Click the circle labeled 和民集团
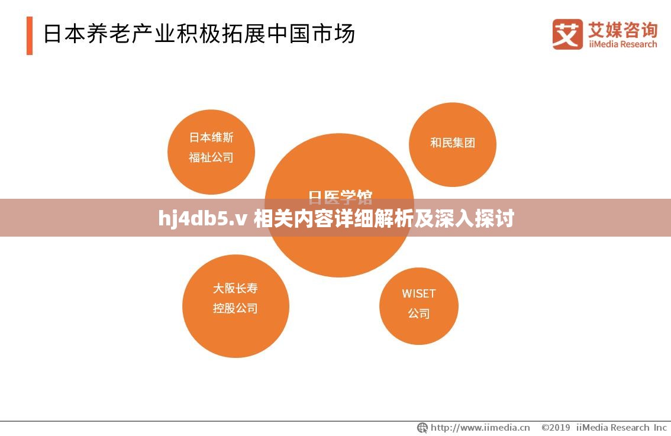453,144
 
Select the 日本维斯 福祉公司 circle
211,151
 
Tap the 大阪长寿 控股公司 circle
236,306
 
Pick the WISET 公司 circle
419,306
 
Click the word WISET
419,293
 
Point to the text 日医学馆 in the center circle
340,196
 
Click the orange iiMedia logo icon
567,34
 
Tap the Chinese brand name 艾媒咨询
622,28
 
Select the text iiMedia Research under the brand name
622,44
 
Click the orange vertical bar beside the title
30,35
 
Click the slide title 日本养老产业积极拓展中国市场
199,34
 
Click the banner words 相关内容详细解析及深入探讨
383,219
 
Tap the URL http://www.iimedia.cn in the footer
480,427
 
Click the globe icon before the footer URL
422,427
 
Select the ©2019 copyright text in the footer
556,427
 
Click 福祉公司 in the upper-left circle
211,158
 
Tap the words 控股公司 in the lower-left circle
236,308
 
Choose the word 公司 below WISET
419,314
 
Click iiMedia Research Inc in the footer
621,427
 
